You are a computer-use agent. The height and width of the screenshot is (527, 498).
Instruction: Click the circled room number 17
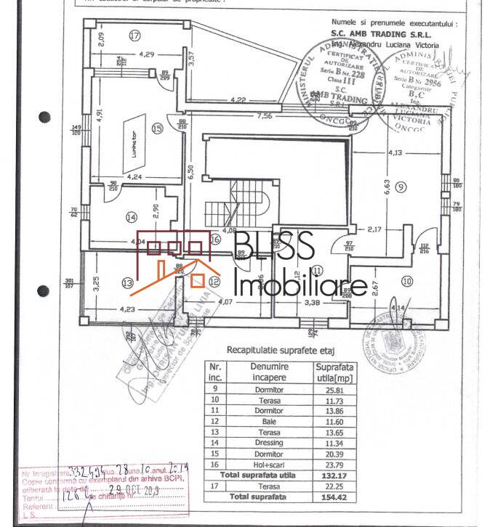coord(134,35)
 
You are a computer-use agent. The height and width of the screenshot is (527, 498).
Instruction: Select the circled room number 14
coord(131,216)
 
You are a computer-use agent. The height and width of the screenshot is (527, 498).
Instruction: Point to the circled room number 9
coord(401,187)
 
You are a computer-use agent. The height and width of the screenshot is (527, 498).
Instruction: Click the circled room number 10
coord(406,281)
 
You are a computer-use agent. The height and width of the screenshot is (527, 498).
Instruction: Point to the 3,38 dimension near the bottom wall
coord(312,302)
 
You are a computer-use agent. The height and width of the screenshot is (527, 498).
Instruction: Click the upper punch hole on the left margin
coord(45,116)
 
